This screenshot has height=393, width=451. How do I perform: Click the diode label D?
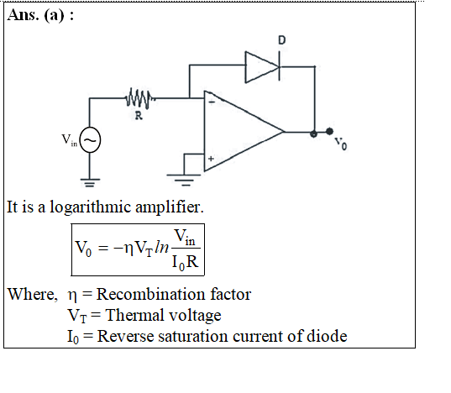point(282,40)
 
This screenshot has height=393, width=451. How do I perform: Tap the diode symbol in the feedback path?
point(262,67)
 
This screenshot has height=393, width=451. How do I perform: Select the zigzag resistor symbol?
point(139,98)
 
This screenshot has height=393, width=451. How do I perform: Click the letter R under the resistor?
point(139,116)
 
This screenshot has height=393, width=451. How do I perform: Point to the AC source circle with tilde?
point(90,139)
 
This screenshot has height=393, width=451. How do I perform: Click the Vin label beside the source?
point(70,140)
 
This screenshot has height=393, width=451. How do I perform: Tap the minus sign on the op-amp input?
point(212,102)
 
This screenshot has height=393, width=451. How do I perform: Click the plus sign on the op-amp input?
point(211,159)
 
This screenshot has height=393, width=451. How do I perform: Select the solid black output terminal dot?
point(329,131)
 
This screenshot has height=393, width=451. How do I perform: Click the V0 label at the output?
point(341,144)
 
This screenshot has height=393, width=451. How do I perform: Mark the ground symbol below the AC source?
point(90,182)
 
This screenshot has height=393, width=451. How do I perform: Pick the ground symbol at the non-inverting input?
point(183,180)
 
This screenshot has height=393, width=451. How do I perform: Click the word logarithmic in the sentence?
point(90,207)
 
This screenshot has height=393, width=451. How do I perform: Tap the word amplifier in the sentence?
point(169,207)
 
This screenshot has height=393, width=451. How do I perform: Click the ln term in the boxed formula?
point(161,247)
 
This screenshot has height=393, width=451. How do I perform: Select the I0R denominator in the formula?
point(186,263)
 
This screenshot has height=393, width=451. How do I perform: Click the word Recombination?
point(150,294)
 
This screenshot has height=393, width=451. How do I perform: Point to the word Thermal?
point(134,315)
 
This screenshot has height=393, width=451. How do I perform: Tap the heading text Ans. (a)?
point(40,15)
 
